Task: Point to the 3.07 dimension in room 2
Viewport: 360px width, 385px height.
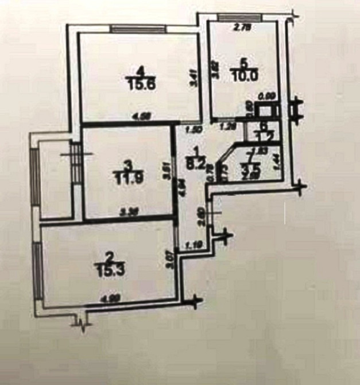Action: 169,255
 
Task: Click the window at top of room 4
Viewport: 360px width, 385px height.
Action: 138,28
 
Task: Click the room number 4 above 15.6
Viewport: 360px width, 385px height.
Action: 142,71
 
